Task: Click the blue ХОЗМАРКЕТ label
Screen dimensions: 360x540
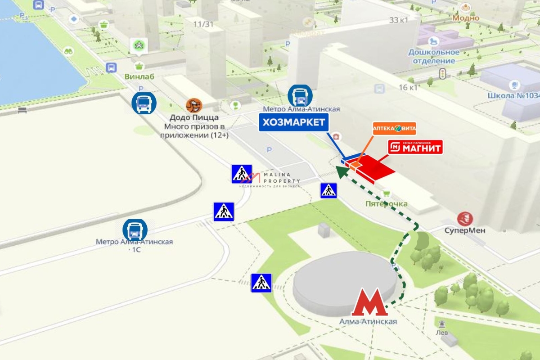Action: coord(294,122)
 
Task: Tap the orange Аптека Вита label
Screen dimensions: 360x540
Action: coord(394,129)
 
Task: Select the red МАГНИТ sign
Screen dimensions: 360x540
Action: coord(415,147)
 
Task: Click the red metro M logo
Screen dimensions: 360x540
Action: coord(369,302)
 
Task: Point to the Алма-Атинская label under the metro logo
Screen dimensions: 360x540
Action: coord(369,321)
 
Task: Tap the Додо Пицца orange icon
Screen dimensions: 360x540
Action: coord(194,106)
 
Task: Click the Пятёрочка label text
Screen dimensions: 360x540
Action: coord(386,204)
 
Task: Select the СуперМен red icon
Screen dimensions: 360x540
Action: coord(465,219)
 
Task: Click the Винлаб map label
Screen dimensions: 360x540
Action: coord(139,76)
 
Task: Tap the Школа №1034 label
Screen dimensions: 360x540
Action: coord(513,95)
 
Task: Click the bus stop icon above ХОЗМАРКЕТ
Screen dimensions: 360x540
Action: coord(300,95)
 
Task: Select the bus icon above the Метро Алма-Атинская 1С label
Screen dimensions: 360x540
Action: coord(135,230)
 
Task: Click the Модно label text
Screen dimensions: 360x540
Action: coord(466,18)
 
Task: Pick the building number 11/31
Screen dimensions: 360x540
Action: coord(203,24)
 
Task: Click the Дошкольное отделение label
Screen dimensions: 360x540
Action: coord(432,56)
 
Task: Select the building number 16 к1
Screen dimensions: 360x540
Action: coord(408,87)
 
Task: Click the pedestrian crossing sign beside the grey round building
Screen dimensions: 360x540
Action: coord(261,283)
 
